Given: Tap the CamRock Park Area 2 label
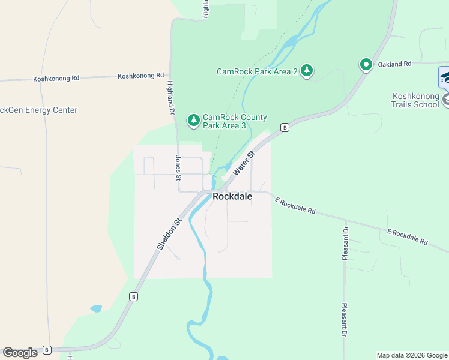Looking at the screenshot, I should (258, 71).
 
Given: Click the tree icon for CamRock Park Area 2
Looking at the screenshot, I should (307, 71).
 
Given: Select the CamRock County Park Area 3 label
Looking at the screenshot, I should (235, 121).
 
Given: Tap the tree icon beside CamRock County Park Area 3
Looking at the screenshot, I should (193, 121).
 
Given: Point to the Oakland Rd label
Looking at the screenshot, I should (394, 64).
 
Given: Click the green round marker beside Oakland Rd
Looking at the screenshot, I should (366, 64).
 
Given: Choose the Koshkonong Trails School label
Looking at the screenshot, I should (415, 100).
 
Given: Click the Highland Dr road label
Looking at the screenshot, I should (170, 98).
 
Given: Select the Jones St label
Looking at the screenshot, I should (178, 167).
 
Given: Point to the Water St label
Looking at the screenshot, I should (244, 163).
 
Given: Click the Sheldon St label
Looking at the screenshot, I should (169, 235).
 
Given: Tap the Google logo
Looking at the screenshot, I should (20, 353).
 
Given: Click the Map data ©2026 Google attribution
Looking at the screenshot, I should (412, 355).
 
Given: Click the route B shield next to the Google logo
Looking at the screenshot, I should (47, 350).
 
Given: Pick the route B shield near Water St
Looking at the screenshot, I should (285, 127).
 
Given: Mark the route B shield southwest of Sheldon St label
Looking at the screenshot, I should (134, 296).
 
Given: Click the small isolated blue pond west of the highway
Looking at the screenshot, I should (96, 309).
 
